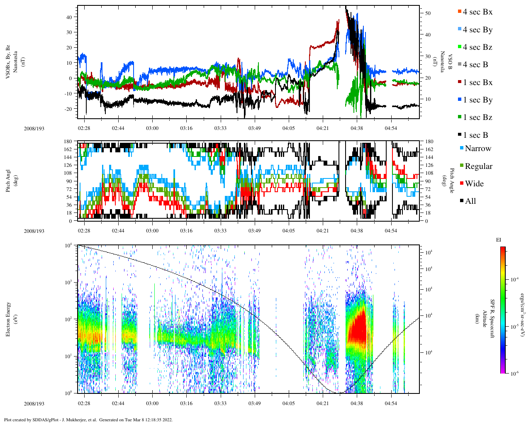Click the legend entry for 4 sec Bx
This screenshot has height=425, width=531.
click(x=477, y=12)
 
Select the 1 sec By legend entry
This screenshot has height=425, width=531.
click(x=477, y=100)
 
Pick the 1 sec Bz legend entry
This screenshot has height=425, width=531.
click(x=477, y=117)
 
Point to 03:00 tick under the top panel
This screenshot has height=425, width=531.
click(x=152, y=128)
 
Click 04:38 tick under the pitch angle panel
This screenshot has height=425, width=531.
click(x=357, y=231)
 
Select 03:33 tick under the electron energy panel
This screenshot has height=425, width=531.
click(x=220, y=403)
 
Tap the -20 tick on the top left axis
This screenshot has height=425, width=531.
click(x=69, y=109)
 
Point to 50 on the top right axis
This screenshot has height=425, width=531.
click(x=428, y=13)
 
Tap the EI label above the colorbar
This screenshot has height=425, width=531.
click(x=499, y=239)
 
